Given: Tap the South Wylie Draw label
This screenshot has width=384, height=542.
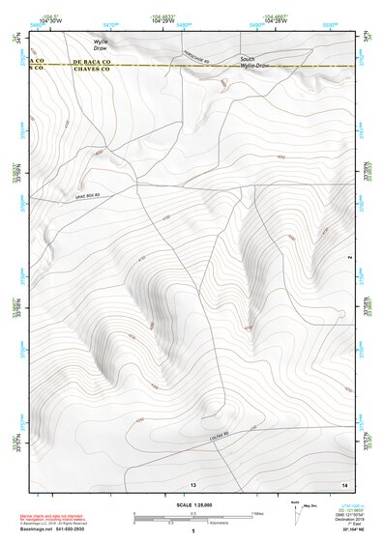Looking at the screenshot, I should [x=254, y=62].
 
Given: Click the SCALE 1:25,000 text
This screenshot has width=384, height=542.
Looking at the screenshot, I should [x=192, y=504].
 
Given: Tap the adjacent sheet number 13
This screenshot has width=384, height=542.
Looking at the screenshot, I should [x=193, y=483].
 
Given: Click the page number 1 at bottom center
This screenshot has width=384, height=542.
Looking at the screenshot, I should [x=192, y=531].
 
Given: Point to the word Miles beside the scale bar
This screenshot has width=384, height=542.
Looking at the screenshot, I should [x=257, y=513].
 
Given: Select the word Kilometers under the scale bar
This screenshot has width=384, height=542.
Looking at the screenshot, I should [x=208, y=525].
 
